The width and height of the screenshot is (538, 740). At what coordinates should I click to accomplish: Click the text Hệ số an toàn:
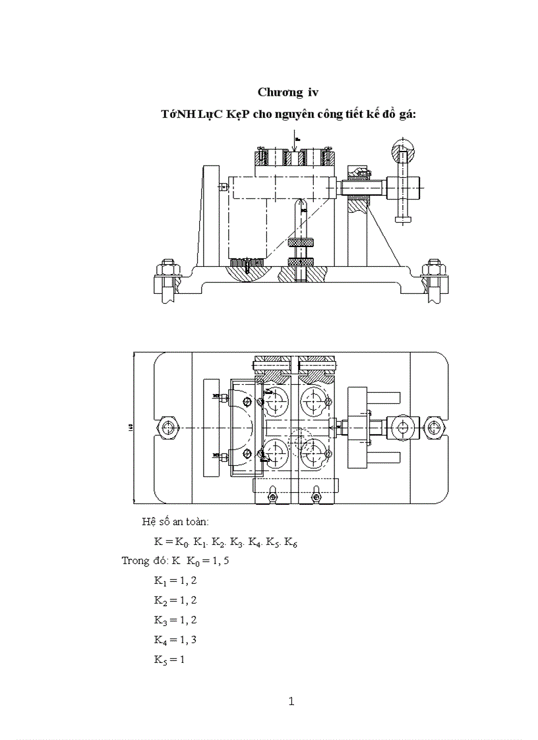tap(175, 522)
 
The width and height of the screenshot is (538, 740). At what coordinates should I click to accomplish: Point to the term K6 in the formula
tap(291, 543)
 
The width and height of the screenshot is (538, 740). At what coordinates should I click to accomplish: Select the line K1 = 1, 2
tap(175, 581)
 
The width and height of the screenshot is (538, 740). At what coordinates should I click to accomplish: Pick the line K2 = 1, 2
tap(175, 600)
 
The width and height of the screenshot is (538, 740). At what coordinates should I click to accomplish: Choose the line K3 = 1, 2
tap(175, 620)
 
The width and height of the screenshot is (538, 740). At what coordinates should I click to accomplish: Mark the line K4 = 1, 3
tap(175, 639)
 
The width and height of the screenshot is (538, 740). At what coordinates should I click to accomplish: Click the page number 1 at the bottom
tap(291, 702)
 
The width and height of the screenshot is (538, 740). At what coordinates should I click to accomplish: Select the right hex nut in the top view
tap(434, 428)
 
